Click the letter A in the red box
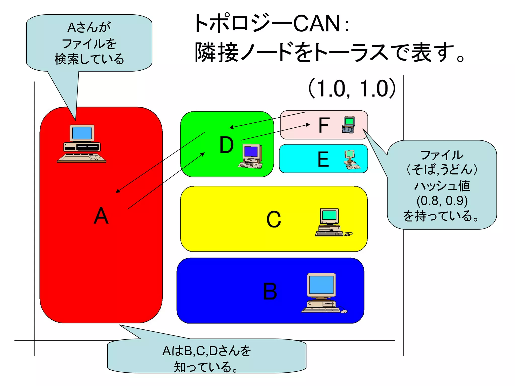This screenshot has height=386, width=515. pyautogui.click(x=101, y=216)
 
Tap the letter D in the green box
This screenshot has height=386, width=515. pyautogui.click(x=227, y=145)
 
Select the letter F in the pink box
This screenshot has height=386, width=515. pyautogui.click(x=324, y=125)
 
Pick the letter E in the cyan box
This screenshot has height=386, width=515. pyautogui.click(x=323, y=159)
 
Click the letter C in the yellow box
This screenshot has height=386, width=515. pyautogui.click(x=274, y=219)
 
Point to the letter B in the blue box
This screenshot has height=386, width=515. pyautogui.click(x=270, y=291)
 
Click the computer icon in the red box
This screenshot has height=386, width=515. pyautogui.click(x=81, y=144)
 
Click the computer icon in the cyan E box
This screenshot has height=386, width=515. pyautogui.click(x=351, y=160)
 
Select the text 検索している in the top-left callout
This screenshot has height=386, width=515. pyautogui.click(x=89, y=59)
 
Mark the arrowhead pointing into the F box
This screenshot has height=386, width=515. pyautogui.click(x=308, y=124)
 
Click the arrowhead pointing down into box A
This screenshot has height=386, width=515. pyautogui.click(x=118, y=191)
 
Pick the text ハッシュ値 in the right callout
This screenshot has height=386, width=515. pyautogui.click(x=442, y=186)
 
